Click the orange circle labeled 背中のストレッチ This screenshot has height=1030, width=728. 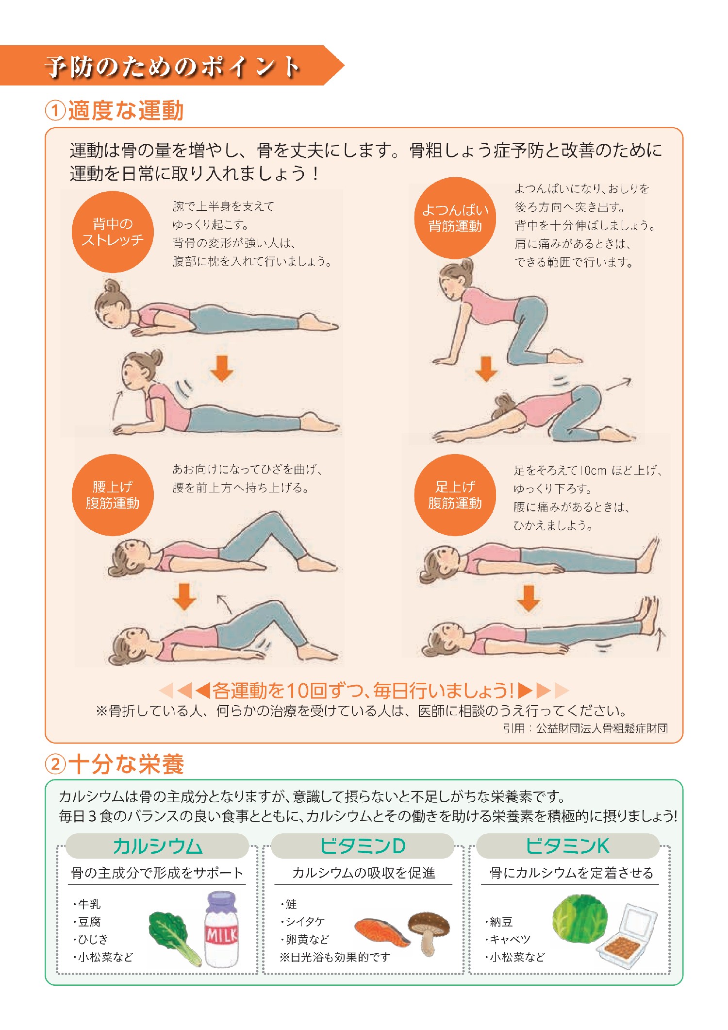(113, 232)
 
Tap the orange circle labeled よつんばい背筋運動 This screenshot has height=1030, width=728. (455, 218)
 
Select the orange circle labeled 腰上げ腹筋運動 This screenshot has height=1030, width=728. (113, 495)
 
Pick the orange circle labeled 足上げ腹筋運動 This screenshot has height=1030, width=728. (455, 495)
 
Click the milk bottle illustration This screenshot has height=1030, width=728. (222, 929)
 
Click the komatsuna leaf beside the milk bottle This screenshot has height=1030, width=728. (173, 937)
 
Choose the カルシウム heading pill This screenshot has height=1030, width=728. (157, 846)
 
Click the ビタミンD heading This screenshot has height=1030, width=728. (363, 846)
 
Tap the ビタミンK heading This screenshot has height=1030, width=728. (567, 846)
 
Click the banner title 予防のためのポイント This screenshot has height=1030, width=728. (172, 66)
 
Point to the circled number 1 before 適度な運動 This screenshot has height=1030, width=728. (55, 110)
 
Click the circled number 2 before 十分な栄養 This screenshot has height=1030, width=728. (55, 764)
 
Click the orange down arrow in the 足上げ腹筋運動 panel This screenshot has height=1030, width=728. (529, 598)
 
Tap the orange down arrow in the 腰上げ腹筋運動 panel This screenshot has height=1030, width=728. (184, 596)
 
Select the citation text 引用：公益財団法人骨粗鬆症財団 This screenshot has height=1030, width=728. (585, 728)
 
